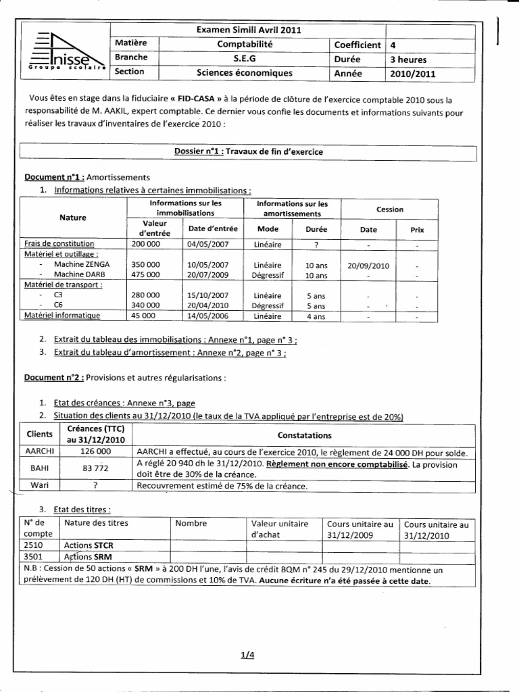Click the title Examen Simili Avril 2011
[x=248, y=30]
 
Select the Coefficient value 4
[x=393, y=45]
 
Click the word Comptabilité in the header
[x=249, y=45]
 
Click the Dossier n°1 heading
[x=248, y=152]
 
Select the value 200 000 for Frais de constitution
[x=146, y=243]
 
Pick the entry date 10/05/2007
[x=208, y=265]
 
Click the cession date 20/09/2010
[x=368, y=265]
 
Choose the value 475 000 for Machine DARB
[x=146, y=275]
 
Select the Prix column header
[x=417, y=230]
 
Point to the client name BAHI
[x=39, y=468]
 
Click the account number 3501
[x=33, y=557]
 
